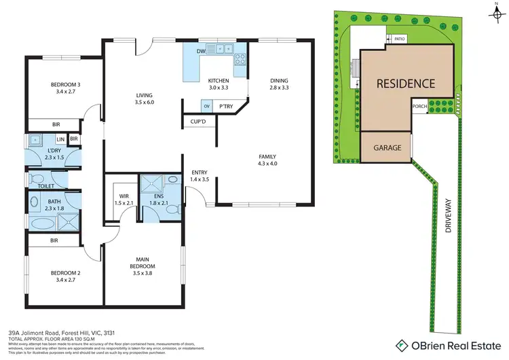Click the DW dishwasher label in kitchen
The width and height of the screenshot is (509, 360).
(x=202, y=51)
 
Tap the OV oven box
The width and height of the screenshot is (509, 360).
(x=206, y=106)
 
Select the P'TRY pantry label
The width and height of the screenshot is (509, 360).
(x=226, y=106)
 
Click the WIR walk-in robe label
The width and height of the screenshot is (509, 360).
(x=124, y=199)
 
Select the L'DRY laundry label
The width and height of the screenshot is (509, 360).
(x=54, y=154)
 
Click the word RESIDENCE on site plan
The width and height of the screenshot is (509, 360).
(x=407, y=84)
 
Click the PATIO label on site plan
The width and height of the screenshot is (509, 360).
(x=400, y=39)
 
